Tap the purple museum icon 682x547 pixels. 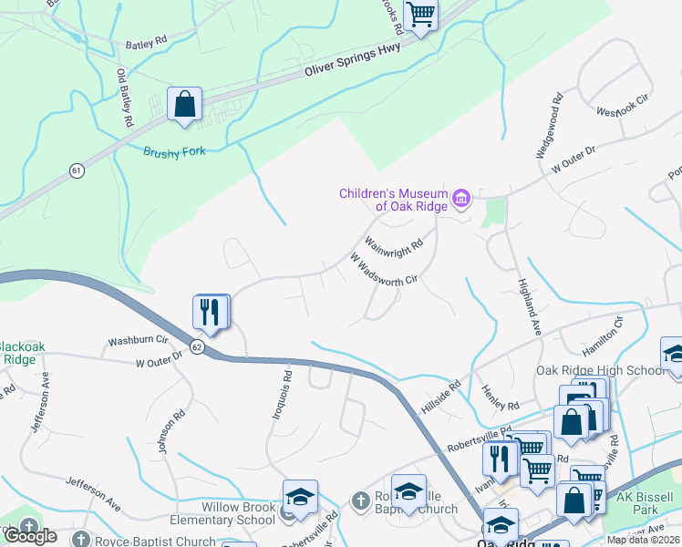[x=460, y=199]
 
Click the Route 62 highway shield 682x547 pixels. [x=197, y=346]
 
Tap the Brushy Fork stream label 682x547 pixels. [x=174, y=151]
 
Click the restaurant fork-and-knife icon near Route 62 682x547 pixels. [x=211, y=312]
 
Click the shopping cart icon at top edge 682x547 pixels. [x=420, y=15]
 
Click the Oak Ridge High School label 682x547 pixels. [x=601, y=370]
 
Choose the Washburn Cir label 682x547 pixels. [x=139, y=341]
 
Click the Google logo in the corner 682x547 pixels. [x=30, y=535]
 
